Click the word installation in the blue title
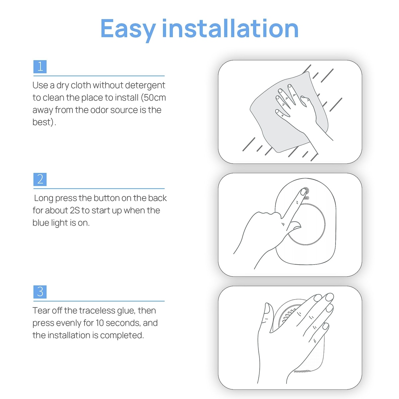pos(230,28)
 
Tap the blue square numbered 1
pos(40,67)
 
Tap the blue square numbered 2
pos(40,179)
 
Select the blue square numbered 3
pos(40,292)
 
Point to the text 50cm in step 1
pos(155,97)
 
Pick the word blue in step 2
pos(41,223)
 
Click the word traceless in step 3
pos(97,311)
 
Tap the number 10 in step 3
pos(100,323)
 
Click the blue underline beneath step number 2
pos(99,189)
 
